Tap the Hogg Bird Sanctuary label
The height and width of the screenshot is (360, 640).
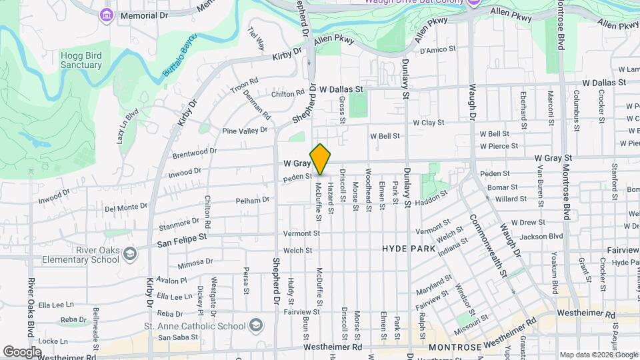pyautogui.click(x=81, y=60)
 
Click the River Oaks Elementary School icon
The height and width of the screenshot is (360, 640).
pyautogui.click(x=130, y=254)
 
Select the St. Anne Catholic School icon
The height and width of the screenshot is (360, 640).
pyautogui.click(x=255, y=326)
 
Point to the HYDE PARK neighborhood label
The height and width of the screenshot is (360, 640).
pyautogui.click(x=409, y=249)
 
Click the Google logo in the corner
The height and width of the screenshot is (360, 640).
pyautogui.click(x=22, y=351)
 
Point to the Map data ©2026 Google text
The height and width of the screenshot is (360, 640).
pyautogui.click(x=597, y=355)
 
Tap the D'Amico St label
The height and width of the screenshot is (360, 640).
pyautogui.click(x=437, y=49)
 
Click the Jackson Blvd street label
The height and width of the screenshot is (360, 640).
pyautogui.click(x=541, y=236)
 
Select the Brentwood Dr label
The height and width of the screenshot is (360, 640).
pyautogui.click(x=195, y=152)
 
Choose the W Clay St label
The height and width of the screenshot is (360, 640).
pyautogui.click(x=428, y=123)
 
